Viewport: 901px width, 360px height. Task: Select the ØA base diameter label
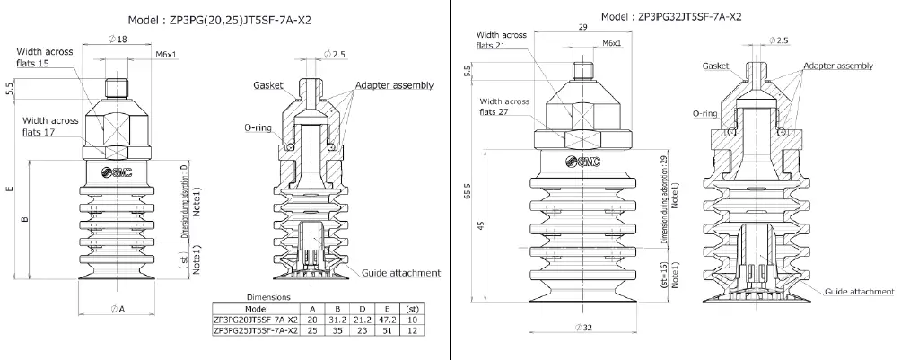pyautogui.click(x=118, y=308)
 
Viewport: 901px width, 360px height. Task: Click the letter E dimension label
pyautogui.click(x=8, y=189)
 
